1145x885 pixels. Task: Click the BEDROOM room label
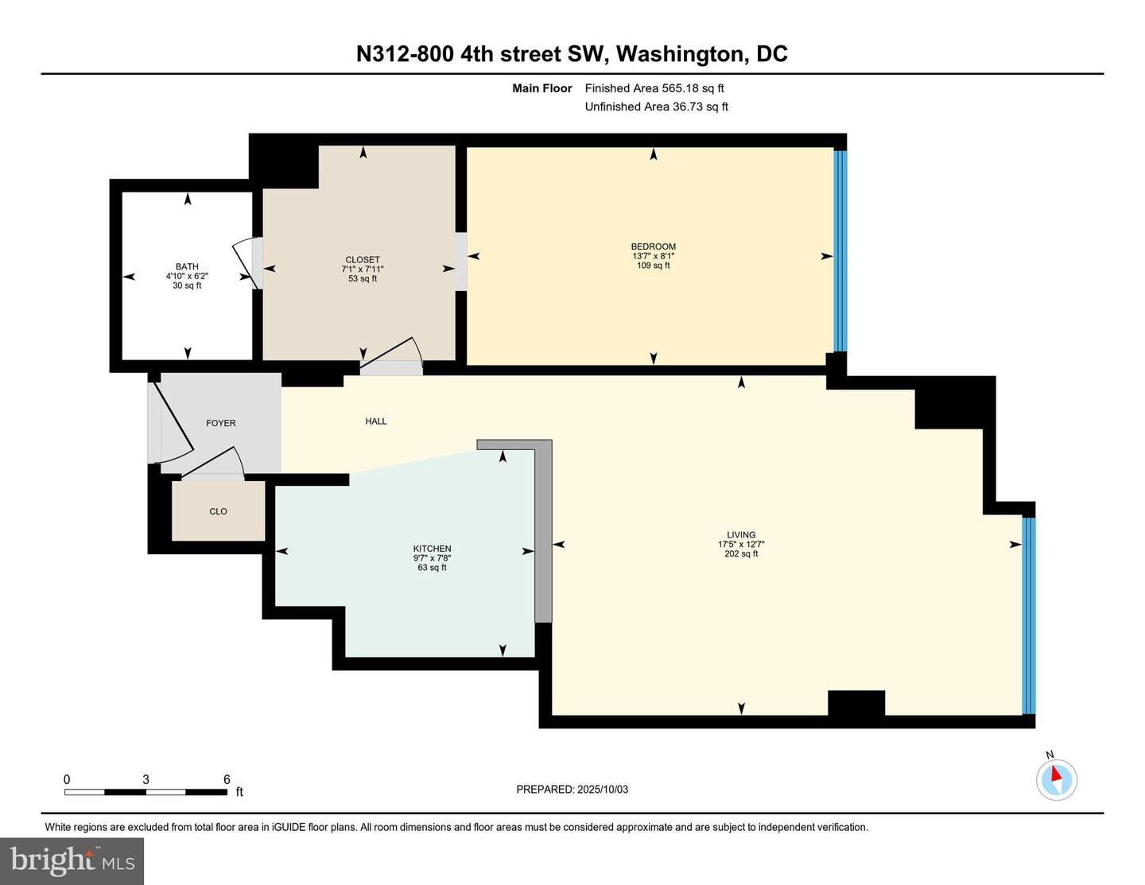[653, 246]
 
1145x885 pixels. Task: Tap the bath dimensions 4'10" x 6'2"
[187, 276]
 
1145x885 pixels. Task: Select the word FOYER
[221, 423]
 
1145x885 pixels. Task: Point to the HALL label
[375, 421]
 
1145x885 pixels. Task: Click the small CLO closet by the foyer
[218, 511]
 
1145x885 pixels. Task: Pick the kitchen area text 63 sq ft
[432, 568]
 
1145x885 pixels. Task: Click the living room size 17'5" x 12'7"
[741, 544]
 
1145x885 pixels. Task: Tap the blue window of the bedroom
[840, 251]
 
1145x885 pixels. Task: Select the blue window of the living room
[1029, 615]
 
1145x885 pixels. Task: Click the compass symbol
[1057, 780]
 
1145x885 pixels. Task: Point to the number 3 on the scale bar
[146, 779]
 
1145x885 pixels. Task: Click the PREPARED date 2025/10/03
[602, 789]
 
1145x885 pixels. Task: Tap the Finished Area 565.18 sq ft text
[654, 88]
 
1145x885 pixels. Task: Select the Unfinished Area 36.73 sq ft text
[657, 107]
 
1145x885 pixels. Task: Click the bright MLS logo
[72, 861]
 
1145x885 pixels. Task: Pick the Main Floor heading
[541, 88]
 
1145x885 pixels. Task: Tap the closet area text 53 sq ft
[363, 278]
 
